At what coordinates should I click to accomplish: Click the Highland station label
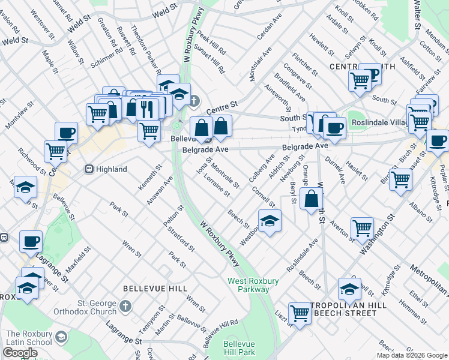click(x=111, y=170)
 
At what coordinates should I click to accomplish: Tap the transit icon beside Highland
click(x=89, y=170)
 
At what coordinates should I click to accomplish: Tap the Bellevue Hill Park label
click(x=240, y=348)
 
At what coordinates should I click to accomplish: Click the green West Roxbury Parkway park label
click(x=248, y=285)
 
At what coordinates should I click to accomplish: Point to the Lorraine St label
click(x=216, y=185)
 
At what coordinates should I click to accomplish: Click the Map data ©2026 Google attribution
click(x=411, y=355)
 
